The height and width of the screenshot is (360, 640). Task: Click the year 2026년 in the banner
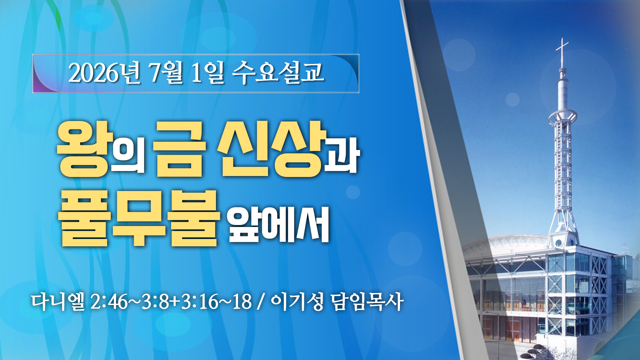pos(104,73)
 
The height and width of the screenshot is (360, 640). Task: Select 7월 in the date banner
pos(166,73)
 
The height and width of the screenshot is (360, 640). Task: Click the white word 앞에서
pos(279,224)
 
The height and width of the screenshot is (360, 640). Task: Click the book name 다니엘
pos(58,302)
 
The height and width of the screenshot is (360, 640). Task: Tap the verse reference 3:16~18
pos(216,302)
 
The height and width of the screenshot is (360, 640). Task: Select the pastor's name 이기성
pos(297,302)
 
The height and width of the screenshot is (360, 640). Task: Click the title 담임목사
pos(367,302)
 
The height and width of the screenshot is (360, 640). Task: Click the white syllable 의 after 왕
pos(128,155)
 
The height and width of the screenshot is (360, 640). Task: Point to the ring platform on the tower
pos(563,117)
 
